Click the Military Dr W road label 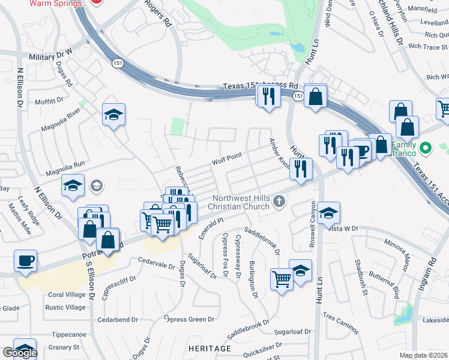click(x=50, y=56)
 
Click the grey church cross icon click(x=279, y=202)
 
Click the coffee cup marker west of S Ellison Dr click(x=26, y=261)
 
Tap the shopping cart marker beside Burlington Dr click(x=281, y=278)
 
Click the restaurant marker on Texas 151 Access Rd click(x=268, y=95)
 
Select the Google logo click(x=20, y=353)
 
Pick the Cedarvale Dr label click(x=155, y=262)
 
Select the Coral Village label click(x=67, y=295)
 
